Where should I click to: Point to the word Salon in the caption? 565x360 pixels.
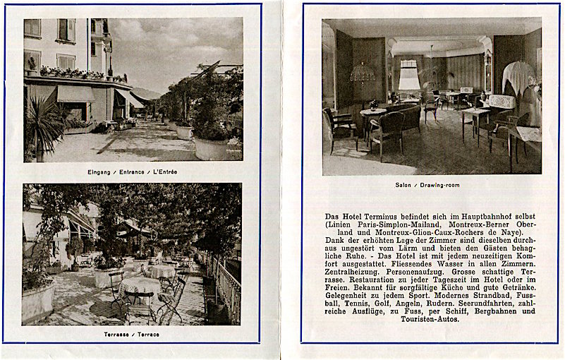[403, 184]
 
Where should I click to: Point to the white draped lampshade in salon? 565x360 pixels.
[518, 76]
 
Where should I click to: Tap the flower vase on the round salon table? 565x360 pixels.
[373, 104]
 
